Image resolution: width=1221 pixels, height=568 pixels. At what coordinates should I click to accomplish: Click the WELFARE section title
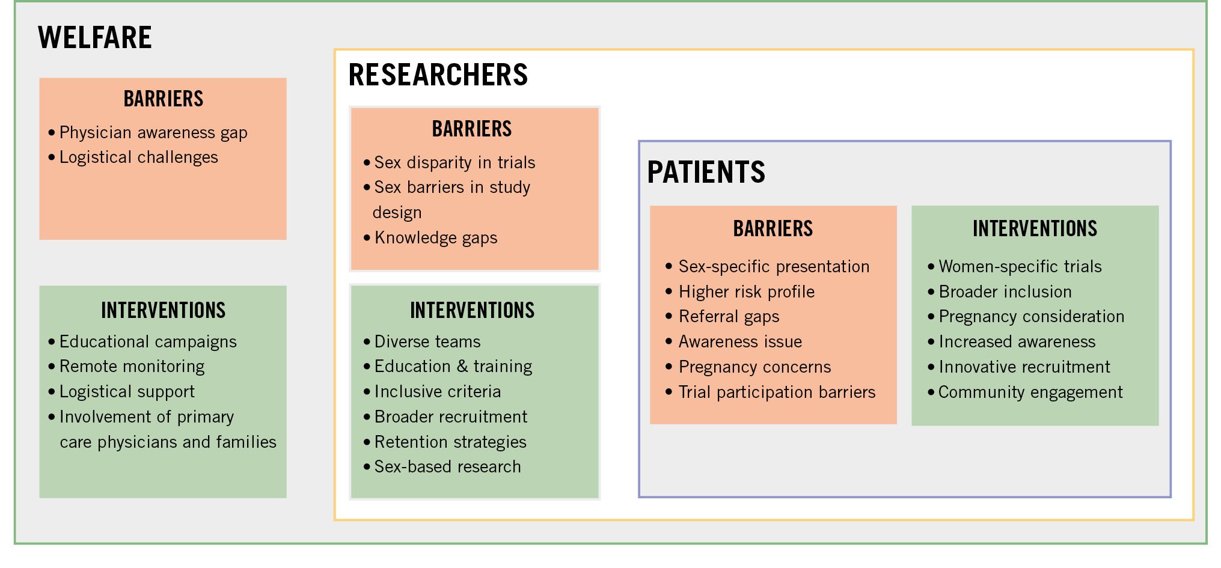(x=95, y=37)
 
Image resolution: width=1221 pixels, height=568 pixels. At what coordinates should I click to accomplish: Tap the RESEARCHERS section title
(x=438, y=75)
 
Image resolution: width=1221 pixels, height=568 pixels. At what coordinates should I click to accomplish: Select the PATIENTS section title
(x=706, y=172)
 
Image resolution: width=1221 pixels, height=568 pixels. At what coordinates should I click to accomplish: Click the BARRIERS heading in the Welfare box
(x=164, y=99)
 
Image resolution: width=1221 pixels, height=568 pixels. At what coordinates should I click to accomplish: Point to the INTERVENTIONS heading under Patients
(x=1035, y=228)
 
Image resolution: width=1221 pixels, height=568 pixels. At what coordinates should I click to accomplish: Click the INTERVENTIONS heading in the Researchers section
(x=472, y=310)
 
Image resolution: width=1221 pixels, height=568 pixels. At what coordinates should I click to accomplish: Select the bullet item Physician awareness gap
(x=153, y=133)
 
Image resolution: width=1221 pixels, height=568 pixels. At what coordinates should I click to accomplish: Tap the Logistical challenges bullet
(x=139, y=157)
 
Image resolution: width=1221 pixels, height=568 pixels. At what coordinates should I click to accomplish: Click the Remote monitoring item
(x=132, y=367)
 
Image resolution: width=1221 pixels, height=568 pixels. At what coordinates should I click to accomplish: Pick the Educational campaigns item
(x=148, y=342)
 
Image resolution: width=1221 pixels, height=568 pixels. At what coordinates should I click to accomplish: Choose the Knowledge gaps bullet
(x=436, y=238)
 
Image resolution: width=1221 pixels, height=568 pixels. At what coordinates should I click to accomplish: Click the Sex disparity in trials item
(x=454, y=162)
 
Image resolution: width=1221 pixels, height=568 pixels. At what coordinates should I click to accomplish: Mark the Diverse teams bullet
(x=427, y=341)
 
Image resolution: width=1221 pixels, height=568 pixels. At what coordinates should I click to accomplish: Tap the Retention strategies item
(x=450, y=442)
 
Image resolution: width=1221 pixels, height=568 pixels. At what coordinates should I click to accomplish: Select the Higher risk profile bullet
(x=747, y=292)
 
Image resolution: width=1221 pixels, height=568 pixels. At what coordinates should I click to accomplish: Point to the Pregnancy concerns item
(x=754, y=367)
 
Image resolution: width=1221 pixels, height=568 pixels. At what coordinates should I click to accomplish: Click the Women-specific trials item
(x=1020, y=267)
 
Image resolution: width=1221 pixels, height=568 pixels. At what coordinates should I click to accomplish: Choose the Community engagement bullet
(x=1030, y=392)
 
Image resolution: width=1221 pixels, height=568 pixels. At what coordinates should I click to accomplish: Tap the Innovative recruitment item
(x=1024, y=367)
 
